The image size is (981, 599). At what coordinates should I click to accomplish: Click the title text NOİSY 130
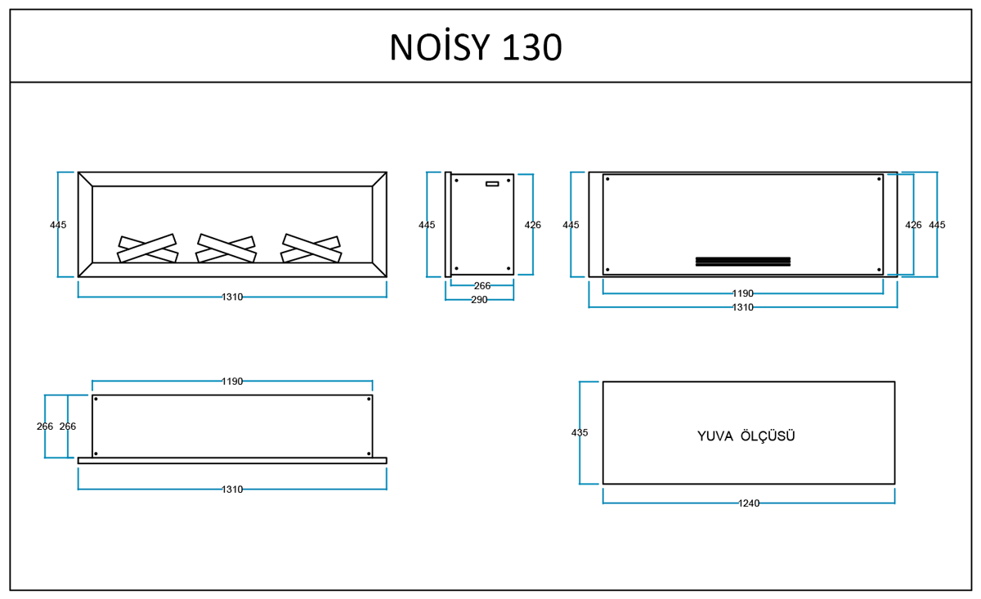pyautogui.click(x=476, y=47)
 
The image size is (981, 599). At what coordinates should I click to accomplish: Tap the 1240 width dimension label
pyautogui.click(x=749, y=503)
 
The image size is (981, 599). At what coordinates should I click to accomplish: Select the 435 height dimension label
pyautogui.click(x=580, y=432)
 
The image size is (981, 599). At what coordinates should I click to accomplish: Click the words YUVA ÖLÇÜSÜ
pyautogui.click(x=746, y=436)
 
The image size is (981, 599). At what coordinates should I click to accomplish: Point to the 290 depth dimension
pyautogui.click(x=479, y=299)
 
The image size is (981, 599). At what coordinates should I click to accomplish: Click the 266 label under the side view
pyautogui.click(x=482, y=285)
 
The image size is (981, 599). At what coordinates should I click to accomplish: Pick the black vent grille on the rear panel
pyautogui.click(x=743, y=262)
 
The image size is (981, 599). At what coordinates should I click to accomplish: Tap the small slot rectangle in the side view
pyautogui.click(x=492, y=184)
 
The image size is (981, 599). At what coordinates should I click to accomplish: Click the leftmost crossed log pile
pyautogui.click(x=148, y=248)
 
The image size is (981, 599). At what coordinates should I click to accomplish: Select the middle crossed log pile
pyautogui.click(x=226, y=248)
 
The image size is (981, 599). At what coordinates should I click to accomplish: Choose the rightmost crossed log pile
pyautogui.click(x=311, y=248)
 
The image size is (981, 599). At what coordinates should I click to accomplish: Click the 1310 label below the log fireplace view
pyautogui.click(x=232, y=297)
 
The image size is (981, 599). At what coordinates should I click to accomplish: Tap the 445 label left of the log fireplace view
pyautogui.click(x=58, y=225)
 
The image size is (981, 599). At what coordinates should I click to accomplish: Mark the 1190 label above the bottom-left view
pyautogui.click(x=232, y=382)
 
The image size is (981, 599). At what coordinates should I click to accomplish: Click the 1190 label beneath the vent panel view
pyautogui.click(x=743, y=293)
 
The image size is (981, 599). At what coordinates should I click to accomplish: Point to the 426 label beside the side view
pyautogui.click(x=532, y=225)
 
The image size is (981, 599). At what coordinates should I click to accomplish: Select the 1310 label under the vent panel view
pyautogui.click(x=743, y=307)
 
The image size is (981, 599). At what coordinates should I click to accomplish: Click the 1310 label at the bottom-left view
pyautogui.click(x=232, y=489)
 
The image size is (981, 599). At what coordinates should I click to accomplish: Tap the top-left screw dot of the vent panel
pyautogui.click(x=607, y=179)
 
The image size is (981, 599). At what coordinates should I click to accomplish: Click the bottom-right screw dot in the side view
pyautogui.click(x=508, y=268)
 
